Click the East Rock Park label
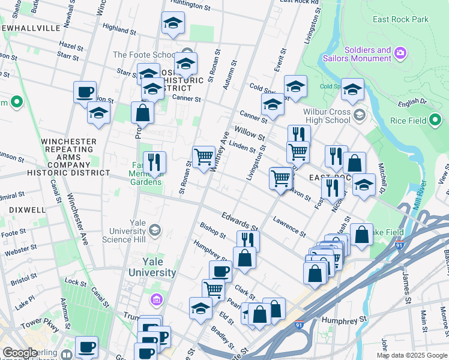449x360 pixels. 400,19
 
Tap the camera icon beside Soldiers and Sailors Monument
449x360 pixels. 400,55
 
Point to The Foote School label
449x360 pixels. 145,55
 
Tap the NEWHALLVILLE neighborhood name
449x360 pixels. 31,28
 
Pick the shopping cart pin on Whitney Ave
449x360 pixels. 204,157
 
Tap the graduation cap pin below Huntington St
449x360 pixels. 173,23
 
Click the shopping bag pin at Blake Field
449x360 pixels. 361,235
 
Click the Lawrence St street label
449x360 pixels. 289,226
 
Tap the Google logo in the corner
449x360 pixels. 20,353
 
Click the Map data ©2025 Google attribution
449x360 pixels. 411,355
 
